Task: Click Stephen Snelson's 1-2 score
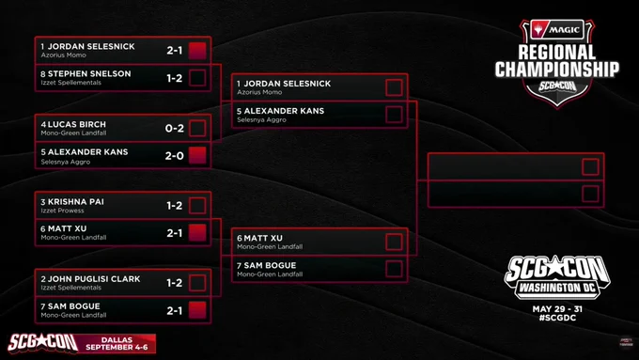(x=175, y=78)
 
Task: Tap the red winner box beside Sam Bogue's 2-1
(x=197, y=310)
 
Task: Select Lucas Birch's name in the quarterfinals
(x=77, y=124)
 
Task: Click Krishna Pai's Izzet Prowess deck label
(x=62, y=211)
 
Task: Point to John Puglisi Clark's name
(x=94, y=279)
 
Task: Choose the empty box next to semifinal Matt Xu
(x=394, y=242)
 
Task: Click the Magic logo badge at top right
(x=557, y=29)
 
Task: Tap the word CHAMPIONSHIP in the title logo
(x=557, y=70)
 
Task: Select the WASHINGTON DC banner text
(x=557, y=289)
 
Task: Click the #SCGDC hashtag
(x=557, y=318)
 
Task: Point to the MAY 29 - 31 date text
(x=557, y=309)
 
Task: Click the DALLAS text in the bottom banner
(x=117, y=339)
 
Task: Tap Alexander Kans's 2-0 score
(x=175, y=156)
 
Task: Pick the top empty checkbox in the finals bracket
(x=590, y=166)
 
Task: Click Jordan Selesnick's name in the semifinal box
(x=288, y=84)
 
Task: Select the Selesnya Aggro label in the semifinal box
(x=261, y=120)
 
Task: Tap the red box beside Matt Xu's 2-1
(x=197, y=233)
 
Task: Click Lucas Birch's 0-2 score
(x=175, y=129)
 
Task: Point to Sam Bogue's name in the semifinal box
(x=270, y=265)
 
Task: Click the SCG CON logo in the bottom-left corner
(x=43, y=343)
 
